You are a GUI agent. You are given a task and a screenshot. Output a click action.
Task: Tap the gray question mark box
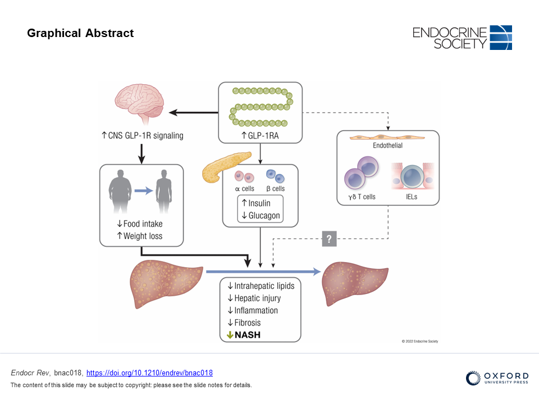tap(330, 239)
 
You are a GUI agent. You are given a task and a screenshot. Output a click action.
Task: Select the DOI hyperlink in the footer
tap(149, 373)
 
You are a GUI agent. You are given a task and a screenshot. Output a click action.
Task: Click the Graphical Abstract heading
tap(80, 33)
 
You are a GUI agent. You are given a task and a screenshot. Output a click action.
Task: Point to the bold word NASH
tap(248, 335)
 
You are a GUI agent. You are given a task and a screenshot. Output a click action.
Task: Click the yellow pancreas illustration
tap(225, 167)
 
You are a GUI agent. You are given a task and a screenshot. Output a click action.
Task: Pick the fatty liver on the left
tap(166, 284)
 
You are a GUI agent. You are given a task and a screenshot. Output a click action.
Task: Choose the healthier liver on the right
tap(354, 283)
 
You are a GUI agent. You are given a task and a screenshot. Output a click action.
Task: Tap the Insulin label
tap(256, 203)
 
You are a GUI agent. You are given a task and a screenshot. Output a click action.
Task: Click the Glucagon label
tap(261, 215)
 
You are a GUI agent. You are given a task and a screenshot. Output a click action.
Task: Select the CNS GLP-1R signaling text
tap(142, 136)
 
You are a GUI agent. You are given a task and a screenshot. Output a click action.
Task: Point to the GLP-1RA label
tap(260, 136)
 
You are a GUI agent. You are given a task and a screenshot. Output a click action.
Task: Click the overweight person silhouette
tap(120, 191)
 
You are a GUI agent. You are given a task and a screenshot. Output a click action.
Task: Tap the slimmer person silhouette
tap(163, 191)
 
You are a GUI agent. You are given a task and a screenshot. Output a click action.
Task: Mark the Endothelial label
tap(388, 145)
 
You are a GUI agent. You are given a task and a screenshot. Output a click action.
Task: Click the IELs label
tap(412, 197)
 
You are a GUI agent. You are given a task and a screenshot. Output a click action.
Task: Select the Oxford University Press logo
tap(497, 378)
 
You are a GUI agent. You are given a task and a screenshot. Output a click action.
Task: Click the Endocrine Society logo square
tap(501, 38)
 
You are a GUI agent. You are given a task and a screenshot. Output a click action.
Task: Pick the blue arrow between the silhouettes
tap(144, 191)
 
